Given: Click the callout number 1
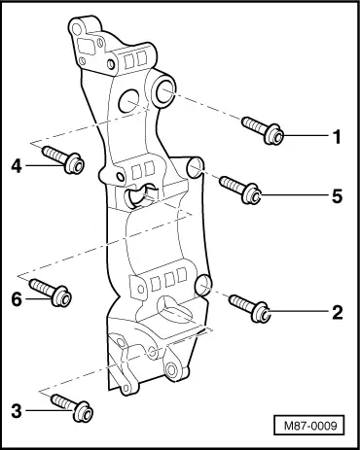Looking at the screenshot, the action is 337,137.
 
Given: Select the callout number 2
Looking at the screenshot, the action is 338,313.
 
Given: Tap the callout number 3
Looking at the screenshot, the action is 17,411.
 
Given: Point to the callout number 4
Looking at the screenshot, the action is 17,166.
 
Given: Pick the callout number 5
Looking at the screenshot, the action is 338,196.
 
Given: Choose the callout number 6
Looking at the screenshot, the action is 17,299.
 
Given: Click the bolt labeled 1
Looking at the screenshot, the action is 263,130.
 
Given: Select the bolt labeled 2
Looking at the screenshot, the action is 249,308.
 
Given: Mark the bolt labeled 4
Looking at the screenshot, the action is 63,159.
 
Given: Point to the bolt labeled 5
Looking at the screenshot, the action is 240,190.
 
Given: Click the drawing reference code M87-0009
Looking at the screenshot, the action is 310,426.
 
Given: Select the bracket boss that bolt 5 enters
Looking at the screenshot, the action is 196,168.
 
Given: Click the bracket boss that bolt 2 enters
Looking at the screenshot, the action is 204,285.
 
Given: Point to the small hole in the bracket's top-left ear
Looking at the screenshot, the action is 77,29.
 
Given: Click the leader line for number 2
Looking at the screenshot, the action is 299,312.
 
